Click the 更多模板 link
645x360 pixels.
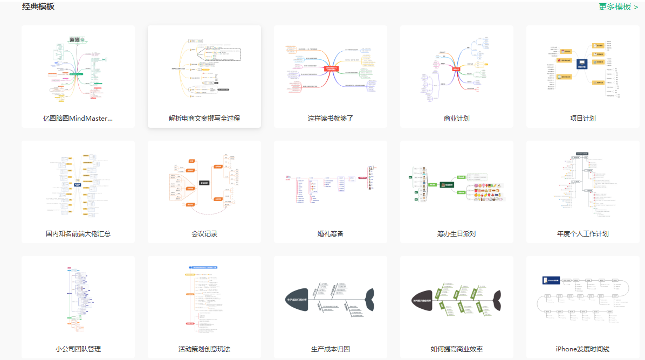pos(618,7)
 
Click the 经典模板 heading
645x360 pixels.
pos(38,6)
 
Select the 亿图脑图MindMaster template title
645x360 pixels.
pos(78,118)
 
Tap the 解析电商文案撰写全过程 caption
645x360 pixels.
pos(204,118)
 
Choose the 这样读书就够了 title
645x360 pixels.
pos(331,118)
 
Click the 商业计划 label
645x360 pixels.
pos(457,118)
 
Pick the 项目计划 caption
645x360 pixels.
pos(583,118)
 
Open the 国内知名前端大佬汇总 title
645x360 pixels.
pos(78,233)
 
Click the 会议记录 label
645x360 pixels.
pos(204,233)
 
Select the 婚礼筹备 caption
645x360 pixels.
pos(331,233)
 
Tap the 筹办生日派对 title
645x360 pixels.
pos(457,233)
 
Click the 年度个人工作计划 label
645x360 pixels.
pos(583,233)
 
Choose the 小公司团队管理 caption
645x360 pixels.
pos(78,349)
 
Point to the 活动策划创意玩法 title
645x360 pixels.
pos(204,349)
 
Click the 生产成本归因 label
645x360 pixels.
pos(331,349)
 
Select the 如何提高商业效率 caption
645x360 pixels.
pos(457,349)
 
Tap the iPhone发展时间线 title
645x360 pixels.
pos(583,349)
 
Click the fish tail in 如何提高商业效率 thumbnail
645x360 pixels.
pos(495,300)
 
